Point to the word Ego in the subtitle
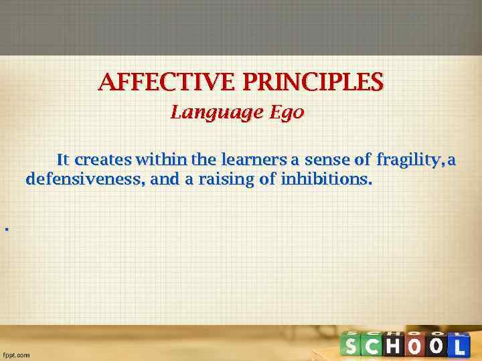[287, 113]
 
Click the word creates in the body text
[103, 160]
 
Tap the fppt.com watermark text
[17, 355]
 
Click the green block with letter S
[352, 345]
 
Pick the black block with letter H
[394, 345]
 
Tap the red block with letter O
[415, 345]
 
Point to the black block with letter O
[436, 345]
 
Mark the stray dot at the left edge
[6, 229]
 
